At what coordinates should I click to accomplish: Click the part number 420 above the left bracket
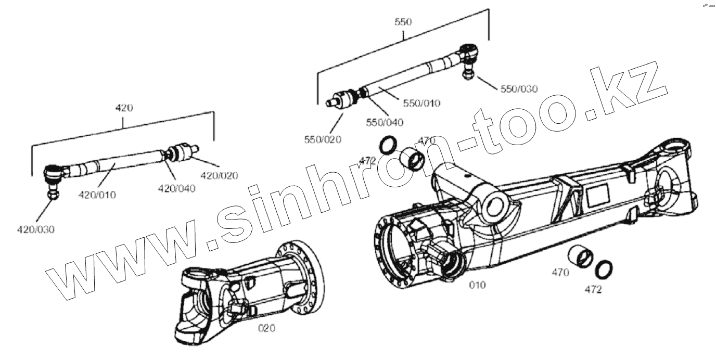click(124, 108)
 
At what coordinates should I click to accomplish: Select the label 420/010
click(97, 195)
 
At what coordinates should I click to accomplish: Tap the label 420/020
click(219, 176)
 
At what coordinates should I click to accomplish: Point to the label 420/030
click(36, 229)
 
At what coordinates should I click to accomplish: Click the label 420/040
click(177, 188)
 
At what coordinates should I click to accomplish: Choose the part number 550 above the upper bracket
click(403, 22)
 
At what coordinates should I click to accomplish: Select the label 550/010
click(421, 103)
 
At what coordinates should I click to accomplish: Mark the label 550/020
click(323, 139)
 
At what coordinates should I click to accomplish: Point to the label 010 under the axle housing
click(477, 285)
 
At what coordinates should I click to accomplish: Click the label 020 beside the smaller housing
click(267, 328)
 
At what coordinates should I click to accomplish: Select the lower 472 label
click(593, 290)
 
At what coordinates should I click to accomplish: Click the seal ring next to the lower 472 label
click(604, 268)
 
